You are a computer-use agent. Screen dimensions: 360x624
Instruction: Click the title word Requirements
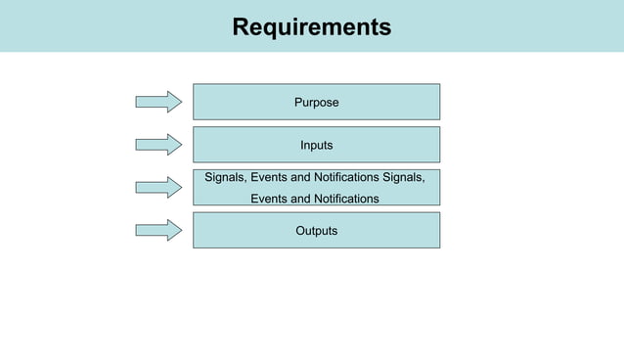coord(311,26)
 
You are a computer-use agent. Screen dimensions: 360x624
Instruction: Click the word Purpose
coord(316,102)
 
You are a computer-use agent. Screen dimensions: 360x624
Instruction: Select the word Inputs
coord(316,145)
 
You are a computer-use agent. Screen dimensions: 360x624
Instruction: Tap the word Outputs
coord(316,231)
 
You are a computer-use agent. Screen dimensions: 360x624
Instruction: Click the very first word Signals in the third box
coord(225,177)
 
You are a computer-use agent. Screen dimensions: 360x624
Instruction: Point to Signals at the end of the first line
coord(402,177)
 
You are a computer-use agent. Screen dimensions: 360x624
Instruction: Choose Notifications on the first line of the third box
coord(341,177)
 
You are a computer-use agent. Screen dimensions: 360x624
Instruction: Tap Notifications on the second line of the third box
coord(341,199)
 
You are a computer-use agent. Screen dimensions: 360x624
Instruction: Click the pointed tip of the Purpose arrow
coord(181,102)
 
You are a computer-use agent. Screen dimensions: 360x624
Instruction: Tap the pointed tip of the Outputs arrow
coord(181,231)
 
